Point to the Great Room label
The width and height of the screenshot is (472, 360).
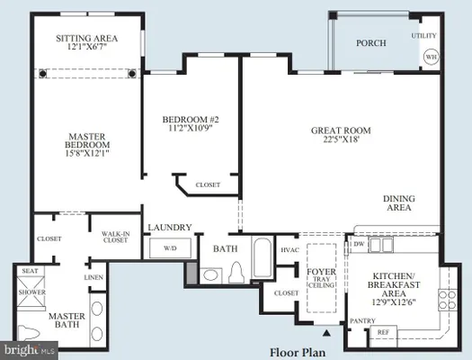[341, 130]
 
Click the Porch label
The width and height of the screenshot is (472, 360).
[370, 42]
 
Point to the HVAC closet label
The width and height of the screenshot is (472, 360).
[289, 249]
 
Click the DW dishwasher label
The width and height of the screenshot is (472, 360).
[360, 244]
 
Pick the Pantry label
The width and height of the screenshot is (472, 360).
[363, 319]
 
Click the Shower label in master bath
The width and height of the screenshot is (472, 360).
[32, 291]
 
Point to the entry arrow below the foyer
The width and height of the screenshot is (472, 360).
[325, 332]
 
